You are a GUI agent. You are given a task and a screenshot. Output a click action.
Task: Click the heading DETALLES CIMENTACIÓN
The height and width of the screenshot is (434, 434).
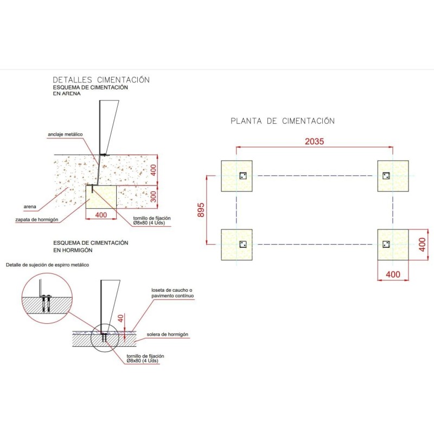coord(101,80)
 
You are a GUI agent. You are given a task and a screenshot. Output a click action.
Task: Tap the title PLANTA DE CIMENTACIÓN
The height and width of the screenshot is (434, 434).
coord(283,121)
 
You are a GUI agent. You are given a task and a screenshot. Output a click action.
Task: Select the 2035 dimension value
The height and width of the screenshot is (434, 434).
coord(314,142)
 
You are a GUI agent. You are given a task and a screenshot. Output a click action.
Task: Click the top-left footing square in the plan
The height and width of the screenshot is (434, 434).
coord(237,176)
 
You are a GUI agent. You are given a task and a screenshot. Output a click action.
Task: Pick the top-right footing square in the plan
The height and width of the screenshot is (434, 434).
coord(393,176)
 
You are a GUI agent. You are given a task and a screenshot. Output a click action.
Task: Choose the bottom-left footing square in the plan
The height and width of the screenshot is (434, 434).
coord(237,245)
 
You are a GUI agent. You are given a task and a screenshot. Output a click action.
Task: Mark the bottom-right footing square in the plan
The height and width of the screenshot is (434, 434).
coord(393,245)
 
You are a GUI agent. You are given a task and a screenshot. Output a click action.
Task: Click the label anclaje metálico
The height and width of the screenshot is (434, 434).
coord(65,135)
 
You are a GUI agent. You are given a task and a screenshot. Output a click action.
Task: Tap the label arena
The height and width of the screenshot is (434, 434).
coord(30,207)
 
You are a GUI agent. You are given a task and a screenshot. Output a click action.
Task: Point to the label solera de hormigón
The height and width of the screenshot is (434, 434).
coord(167,335)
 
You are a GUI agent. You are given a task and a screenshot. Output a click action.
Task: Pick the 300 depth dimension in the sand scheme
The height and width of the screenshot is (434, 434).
coord(153,197)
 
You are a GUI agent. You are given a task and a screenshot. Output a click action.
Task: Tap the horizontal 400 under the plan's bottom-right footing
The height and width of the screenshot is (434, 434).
coord(393,275)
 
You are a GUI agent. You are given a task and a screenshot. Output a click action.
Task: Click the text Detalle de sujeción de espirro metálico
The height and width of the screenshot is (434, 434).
coord(47,265)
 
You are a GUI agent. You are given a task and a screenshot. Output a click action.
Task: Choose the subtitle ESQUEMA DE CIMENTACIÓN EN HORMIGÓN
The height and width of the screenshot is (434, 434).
coord(91,246)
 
